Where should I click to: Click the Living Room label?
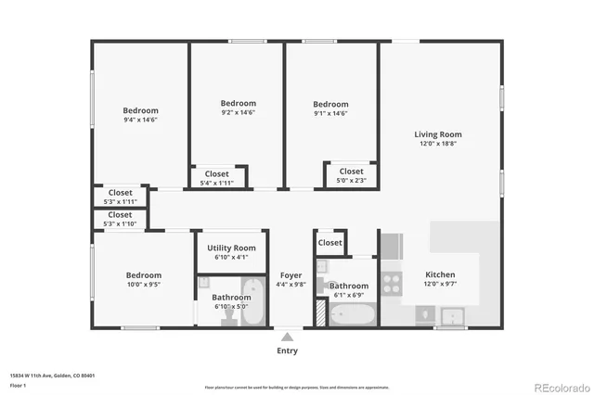(x=437, y=134)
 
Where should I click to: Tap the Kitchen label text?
(x=439, y=274)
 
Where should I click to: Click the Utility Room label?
(x=231, y=248)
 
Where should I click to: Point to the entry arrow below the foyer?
(x=288, y=338)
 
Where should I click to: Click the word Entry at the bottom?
(x=288, y=351)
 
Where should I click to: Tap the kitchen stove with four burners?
(x=392, y=282)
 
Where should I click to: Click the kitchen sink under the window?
(x=452, y=317)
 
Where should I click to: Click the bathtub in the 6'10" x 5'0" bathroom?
(x=252, y=309)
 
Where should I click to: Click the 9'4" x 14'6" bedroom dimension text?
(x=140, y=120)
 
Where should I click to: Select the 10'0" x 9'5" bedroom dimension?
(x=144, y=285)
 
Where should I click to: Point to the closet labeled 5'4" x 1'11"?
(x=217, y=183)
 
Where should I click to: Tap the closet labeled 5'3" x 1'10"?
(x=120, y=223)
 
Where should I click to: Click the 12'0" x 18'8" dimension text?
(x=437, y=144)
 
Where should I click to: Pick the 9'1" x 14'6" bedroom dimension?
(x=330, y=113)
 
